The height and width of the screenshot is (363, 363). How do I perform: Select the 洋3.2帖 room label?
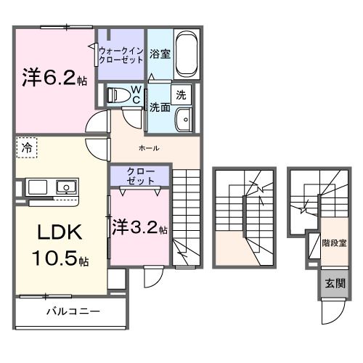pos(140,227)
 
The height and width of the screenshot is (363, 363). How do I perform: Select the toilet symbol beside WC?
pos(116,94)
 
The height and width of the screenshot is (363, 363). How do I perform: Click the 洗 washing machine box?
pos(181,94)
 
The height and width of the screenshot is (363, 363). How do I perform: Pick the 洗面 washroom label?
pos(160,107)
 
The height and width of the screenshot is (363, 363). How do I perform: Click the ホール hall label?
pos(149,147)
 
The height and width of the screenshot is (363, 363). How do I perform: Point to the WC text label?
pos(136,94)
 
